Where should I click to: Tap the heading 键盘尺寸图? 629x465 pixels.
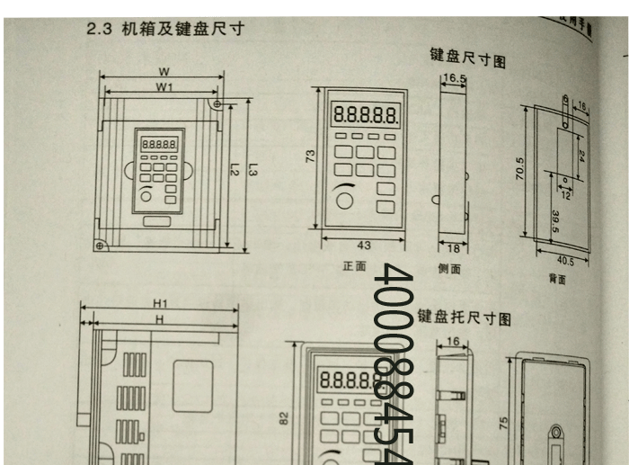[x=467, y=59]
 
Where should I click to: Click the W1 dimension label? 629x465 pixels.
[x=163, y=87]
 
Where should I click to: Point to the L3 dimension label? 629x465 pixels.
[x=252, y=169]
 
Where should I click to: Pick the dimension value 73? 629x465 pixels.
[x=310, y=156]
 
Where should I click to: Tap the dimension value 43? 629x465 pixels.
[x=363, y=245]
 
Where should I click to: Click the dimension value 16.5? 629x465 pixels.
[x=453, y=79]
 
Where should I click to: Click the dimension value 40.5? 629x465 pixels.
[x=565, y=262]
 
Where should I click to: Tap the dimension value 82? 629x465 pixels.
[x=285, y=417]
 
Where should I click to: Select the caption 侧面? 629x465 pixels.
[x=449, y=268]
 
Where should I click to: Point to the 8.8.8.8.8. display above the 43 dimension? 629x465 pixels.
[x=365, y=115]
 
